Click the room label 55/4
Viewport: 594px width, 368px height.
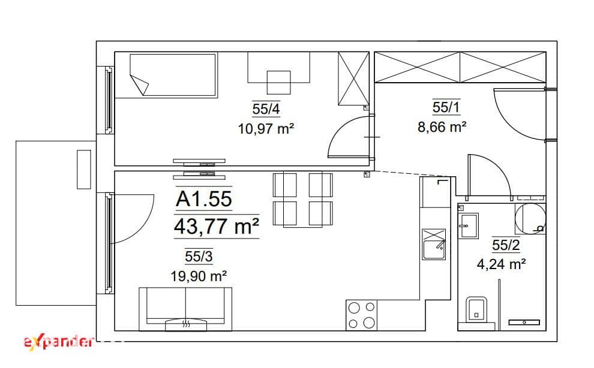point(266,109)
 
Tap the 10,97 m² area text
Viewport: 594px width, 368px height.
point(266,129)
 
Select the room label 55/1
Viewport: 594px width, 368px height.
point(446,107)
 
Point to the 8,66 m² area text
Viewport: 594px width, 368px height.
point(442,127)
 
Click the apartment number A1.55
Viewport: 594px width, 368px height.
point(204,199)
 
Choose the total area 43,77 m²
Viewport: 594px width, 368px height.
point(217,227)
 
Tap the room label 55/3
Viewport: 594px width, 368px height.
point(199,257)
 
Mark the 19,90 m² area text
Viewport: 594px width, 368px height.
point(199,276)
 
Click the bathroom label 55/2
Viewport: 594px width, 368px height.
point(506,245)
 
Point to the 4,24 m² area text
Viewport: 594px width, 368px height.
point(501,264)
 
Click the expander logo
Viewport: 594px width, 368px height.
point(58,342)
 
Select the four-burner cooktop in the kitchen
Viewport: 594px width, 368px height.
point(361,315)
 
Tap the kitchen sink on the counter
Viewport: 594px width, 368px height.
point(434,244)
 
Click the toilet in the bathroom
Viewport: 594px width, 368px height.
point(476,309)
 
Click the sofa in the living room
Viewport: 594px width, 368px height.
point(185,309)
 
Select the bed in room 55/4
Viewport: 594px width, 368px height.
point(173,75)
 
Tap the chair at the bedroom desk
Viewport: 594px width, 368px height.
point(279,83)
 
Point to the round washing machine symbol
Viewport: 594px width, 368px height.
point(530,219)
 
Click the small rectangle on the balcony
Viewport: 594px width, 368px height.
point(84,169)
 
